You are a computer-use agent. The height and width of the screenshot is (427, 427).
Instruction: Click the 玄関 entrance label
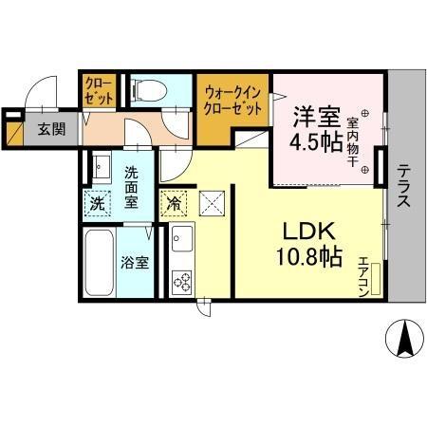click(51, 129)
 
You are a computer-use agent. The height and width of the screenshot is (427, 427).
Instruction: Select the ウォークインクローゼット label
click(232, 101)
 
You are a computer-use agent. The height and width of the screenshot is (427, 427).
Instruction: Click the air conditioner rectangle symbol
click(377, 279)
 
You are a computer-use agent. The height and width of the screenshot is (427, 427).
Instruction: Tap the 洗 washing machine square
click(97, 202)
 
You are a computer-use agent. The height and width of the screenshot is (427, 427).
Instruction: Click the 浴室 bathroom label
click(133, 264)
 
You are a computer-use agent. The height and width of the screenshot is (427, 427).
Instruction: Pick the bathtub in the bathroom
click(99, 263)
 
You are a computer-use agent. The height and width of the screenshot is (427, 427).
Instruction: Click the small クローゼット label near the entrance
click(100, 91)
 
